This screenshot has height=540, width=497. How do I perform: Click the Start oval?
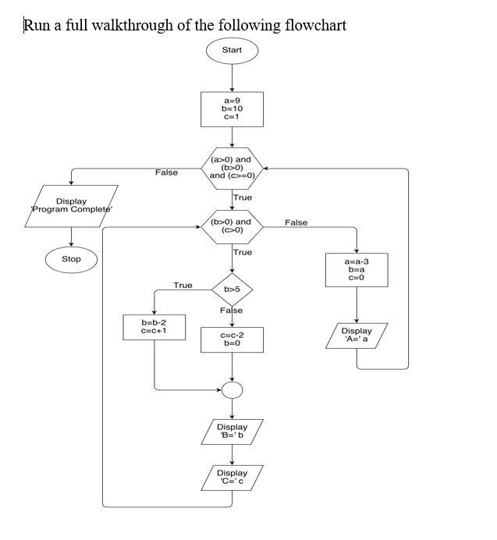click(x=232, y=50)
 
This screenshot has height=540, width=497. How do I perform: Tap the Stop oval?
click(x=71, y=259)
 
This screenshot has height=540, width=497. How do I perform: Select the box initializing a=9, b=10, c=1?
click(x=232, y=108)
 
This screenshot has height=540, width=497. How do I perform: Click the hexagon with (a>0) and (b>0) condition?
click(x=232, y=168)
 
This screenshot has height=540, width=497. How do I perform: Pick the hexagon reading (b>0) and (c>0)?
click(x=232, y=226)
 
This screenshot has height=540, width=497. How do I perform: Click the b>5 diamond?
click(x=232, y=290)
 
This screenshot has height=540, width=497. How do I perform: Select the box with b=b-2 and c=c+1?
click(x=154, y=327)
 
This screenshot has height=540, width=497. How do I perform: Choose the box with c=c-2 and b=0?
click(x=232, y=339)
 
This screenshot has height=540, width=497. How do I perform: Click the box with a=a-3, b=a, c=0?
click(x=357, y=270)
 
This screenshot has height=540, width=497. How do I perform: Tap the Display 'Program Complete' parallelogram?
click(x=71, y=206)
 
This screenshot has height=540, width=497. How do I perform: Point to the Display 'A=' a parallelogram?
click(x=357, y=336)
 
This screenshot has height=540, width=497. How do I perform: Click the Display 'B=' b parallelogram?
click(x=232, y=432)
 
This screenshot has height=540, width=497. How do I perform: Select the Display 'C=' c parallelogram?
click(x=232, y=478)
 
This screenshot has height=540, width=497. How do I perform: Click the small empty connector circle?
click(x=232, y=389)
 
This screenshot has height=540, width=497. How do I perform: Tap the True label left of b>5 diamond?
click(x=183, y=286)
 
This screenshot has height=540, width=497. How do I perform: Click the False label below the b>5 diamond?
click(x=231, y=311)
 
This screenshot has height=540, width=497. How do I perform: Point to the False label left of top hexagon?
click(x=166, y=172)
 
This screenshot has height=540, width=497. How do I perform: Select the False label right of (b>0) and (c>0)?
click(x=296, y=223)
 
